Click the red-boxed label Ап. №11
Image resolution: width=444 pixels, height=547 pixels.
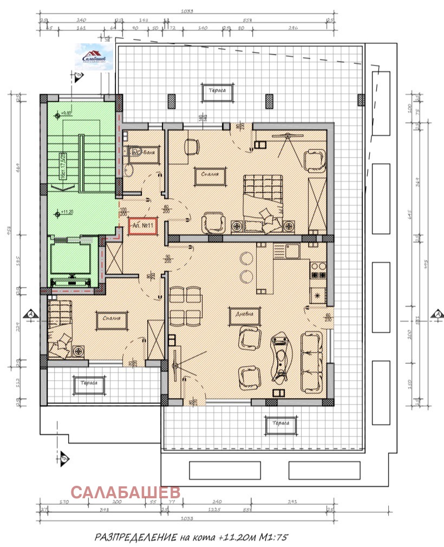point(143,225)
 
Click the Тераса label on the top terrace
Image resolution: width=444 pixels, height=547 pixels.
point(218,90)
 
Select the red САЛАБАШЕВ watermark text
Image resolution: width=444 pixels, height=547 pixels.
point(126,492)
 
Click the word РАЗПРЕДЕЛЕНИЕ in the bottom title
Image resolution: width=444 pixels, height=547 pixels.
point(135,537)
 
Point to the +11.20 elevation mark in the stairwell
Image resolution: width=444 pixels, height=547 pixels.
point(66,212)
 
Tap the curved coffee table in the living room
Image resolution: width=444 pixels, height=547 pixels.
point(280,357)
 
